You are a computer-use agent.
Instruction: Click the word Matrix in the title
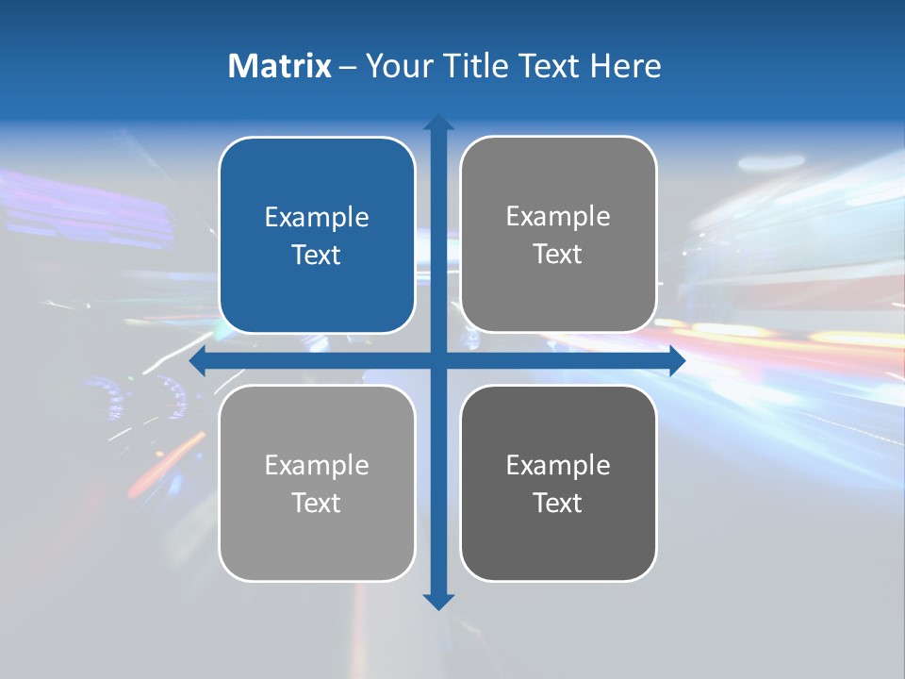[279, 66]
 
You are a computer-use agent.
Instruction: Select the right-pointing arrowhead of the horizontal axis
[676, 361]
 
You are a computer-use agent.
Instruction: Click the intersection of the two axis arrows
[438, 361]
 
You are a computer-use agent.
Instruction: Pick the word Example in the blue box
[317, 217]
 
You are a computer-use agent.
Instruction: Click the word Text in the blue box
[317, 255]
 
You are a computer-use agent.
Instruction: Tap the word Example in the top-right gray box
[558, 216]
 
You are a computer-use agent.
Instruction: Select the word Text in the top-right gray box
[558, 254]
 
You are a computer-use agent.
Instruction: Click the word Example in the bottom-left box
[317, 465]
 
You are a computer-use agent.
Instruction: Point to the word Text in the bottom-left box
[317, 503]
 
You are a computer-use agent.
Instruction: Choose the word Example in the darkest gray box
[558, 465]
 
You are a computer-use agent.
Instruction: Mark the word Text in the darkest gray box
[558, 503]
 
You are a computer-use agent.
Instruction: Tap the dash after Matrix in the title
[348, 67]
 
